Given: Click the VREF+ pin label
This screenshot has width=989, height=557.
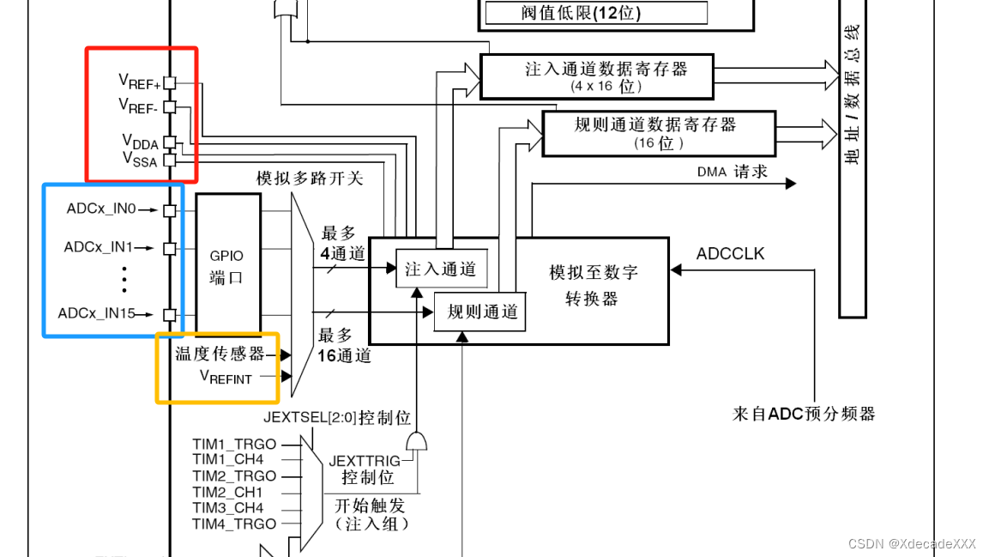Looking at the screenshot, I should [x=139, y=82].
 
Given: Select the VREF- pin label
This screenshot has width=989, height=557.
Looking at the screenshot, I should [x=139, y=106].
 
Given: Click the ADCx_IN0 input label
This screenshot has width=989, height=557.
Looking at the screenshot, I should [x=101, y=209].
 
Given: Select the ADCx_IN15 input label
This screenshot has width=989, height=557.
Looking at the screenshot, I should [x=97, y=313].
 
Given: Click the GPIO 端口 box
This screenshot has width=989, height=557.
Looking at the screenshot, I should [x=227, y=267].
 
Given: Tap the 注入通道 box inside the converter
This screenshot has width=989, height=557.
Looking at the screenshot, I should [x=440, y=269].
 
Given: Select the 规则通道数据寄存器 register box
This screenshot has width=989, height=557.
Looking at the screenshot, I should [x=658, y=133].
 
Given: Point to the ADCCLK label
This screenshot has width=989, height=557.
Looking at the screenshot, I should [x=730, y=253].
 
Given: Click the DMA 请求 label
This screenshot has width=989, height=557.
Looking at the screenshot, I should [x=732, y=172].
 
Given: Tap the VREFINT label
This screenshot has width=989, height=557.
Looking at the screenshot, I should [x=226, y=376].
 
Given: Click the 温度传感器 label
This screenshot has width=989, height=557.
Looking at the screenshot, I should [x=220, y=354].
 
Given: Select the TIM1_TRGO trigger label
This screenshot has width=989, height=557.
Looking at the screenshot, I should [x=234, y=445].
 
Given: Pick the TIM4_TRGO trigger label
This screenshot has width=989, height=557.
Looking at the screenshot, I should [x=234, y=524].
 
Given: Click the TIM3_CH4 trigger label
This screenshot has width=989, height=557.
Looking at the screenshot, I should [x=228, y=508].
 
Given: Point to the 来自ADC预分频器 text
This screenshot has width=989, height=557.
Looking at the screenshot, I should [x=804, y=414].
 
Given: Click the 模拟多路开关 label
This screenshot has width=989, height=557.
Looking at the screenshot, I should [x=310, y=179].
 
